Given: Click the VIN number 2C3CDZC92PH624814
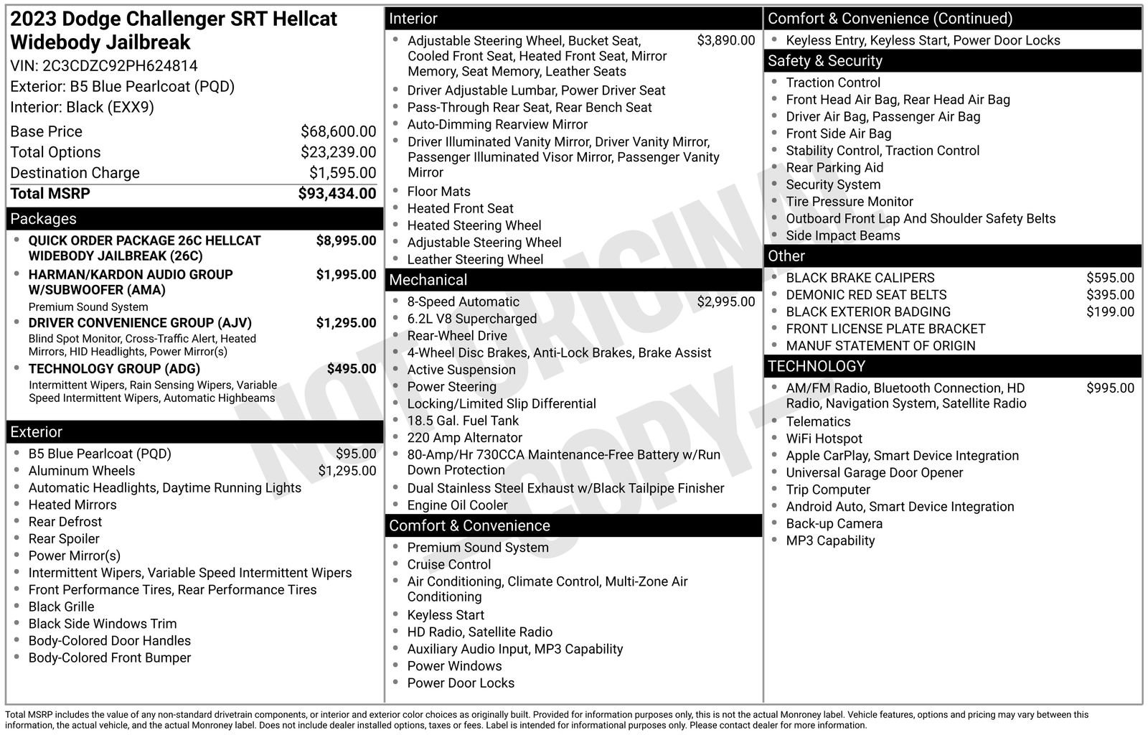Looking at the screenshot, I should [120, 66].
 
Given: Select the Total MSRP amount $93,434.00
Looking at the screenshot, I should [337, 194].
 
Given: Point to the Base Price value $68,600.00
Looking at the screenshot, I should [338, 131].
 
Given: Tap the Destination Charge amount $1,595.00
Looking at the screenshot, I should [342, 173].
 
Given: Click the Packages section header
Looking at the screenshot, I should [43, 219].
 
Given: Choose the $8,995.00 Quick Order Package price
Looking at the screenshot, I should [346, 240].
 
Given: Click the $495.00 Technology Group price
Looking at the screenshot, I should [351, 369].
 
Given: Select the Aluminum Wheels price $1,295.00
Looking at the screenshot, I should [347, 471].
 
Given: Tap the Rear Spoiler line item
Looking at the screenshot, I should [64, 539].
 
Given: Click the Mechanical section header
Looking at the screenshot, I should [428, 280].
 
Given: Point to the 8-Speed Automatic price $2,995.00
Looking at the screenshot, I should [725, 302].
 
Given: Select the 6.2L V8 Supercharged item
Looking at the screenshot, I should [471, 319].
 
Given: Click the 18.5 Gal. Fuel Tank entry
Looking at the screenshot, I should [462, 421].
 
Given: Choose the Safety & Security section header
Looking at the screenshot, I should [824, 61].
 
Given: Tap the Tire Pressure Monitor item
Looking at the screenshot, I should [849, 202].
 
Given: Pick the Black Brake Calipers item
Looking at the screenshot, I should [860, 278].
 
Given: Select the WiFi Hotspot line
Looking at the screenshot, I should [824, 439].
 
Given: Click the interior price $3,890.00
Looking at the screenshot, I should [725, 41].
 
